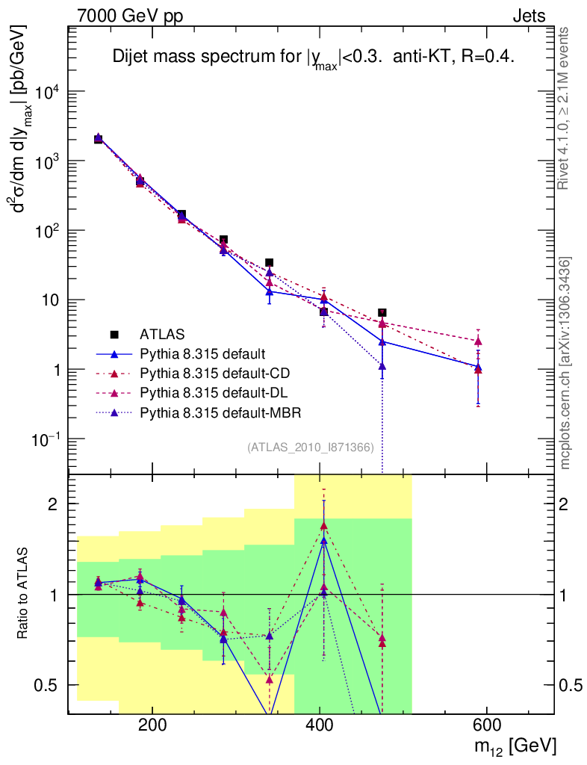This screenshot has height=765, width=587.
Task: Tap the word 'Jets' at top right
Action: (529, 16)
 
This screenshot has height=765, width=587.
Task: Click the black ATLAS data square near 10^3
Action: (99, 139)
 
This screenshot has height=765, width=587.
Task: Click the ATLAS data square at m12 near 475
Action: (382, 313)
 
